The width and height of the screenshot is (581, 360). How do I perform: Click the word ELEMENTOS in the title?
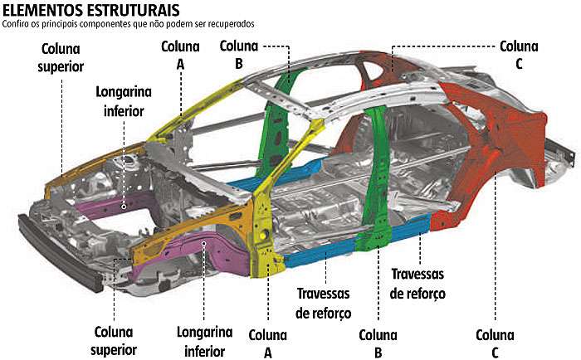[42, 10]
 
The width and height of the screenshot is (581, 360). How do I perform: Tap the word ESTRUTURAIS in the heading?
[134, 10]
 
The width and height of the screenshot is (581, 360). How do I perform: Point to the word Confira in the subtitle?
[14, 24]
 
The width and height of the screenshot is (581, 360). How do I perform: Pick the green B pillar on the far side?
[277, 122]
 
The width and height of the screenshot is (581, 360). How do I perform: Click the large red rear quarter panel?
[493, 148]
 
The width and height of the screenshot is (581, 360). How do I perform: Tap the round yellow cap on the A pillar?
[264, 235]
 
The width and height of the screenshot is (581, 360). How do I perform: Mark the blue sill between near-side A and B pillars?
[320, 252]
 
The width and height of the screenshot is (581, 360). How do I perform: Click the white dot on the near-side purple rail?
[204, 243]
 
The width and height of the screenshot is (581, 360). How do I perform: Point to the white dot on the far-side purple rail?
[124, 207]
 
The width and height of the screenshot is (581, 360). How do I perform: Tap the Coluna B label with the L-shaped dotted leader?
[239, 55]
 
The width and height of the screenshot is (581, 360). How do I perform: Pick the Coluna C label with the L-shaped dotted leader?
[519, 55]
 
